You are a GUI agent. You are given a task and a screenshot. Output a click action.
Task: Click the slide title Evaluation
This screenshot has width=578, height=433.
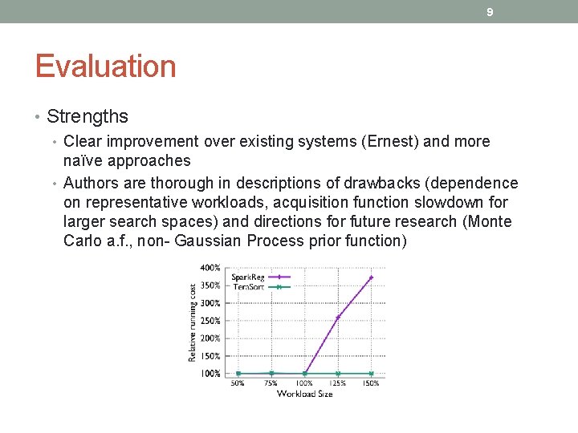[x=105, y=67]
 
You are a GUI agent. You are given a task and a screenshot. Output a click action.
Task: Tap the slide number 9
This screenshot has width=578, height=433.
[x=490, y=12]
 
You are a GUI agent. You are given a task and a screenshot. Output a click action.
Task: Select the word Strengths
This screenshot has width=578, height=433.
[x=88, y=116]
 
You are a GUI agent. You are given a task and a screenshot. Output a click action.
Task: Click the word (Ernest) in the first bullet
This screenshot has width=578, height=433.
[x=390, y=142]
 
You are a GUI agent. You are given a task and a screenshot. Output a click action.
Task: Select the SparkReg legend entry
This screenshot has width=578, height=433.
[x=247, y=277]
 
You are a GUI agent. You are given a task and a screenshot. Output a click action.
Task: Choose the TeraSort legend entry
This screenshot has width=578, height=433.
[x=247, y=286]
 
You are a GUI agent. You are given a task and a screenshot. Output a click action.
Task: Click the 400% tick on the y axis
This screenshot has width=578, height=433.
[x=210, y=268]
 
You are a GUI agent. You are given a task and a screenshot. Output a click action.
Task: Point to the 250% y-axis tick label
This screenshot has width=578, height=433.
[x=210, y=321]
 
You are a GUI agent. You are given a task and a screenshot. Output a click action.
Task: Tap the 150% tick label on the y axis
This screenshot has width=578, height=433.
[x=210, y=356]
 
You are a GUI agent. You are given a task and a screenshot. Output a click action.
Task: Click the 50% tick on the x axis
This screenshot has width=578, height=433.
[x=238, y=383]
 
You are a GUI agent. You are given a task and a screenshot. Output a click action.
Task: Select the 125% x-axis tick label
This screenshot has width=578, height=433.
[x=338, y=383]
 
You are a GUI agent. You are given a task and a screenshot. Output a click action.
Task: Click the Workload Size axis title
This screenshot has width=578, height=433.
[x=304, y=394]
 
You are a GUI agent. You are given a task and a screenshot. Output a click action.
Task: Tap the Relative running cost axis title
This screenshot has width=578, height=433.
[x=192, y=321]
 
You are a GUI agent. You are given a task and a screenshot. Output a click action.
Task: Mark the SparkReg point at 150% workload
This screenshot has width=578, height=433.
[x=371, y=277]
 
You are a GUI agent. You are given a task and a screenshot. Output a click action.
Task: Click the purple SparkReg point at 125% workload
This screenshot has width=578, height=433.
[x=338, y=318]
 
